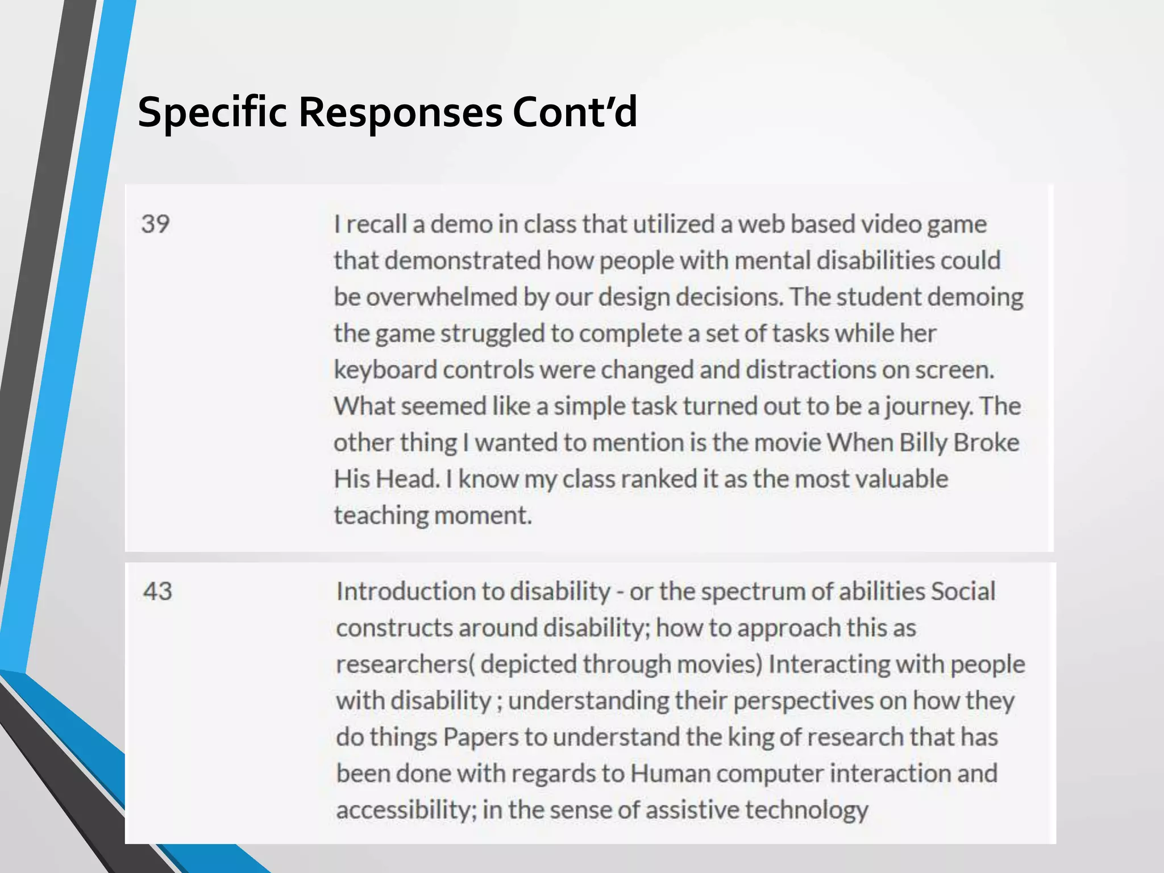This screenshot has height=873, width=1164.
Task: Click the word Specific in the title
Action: click(x=212, y=113)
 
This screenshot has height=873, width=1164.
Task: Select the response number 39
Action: click(x=155, y=224)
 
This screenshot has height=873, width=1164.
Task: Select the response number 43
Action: click(x=157, y=591)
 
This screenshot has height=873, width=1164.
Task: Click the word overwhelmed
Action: click(x=441, y=297)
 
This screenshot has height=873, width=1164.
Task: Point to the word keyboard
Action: click(x=385, y=371)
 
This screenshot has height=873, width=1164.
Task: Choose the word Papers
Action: click(x=480, y=737)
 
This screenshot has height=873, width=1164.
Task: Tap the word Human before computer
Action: click(x=670, y=774)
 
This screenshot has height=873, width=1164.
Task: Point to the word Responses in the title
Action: click(x=400, y=113)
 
